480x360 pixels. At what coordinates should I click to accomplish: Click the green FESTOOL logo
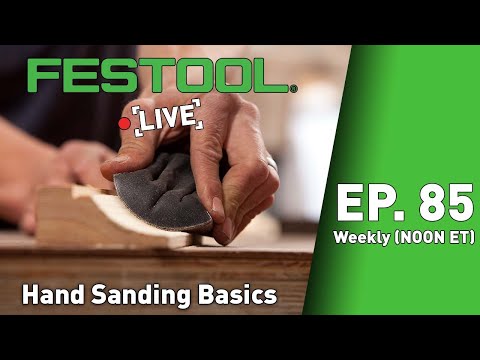(160, 75)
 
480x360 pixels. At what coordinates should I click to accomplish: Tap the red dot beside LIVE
(124, 122)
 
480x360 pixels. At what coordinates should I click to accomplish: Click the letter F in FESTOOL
(42, 75)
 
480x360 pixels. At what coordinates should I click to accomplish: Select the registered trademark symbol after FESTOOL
(293, 88)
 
